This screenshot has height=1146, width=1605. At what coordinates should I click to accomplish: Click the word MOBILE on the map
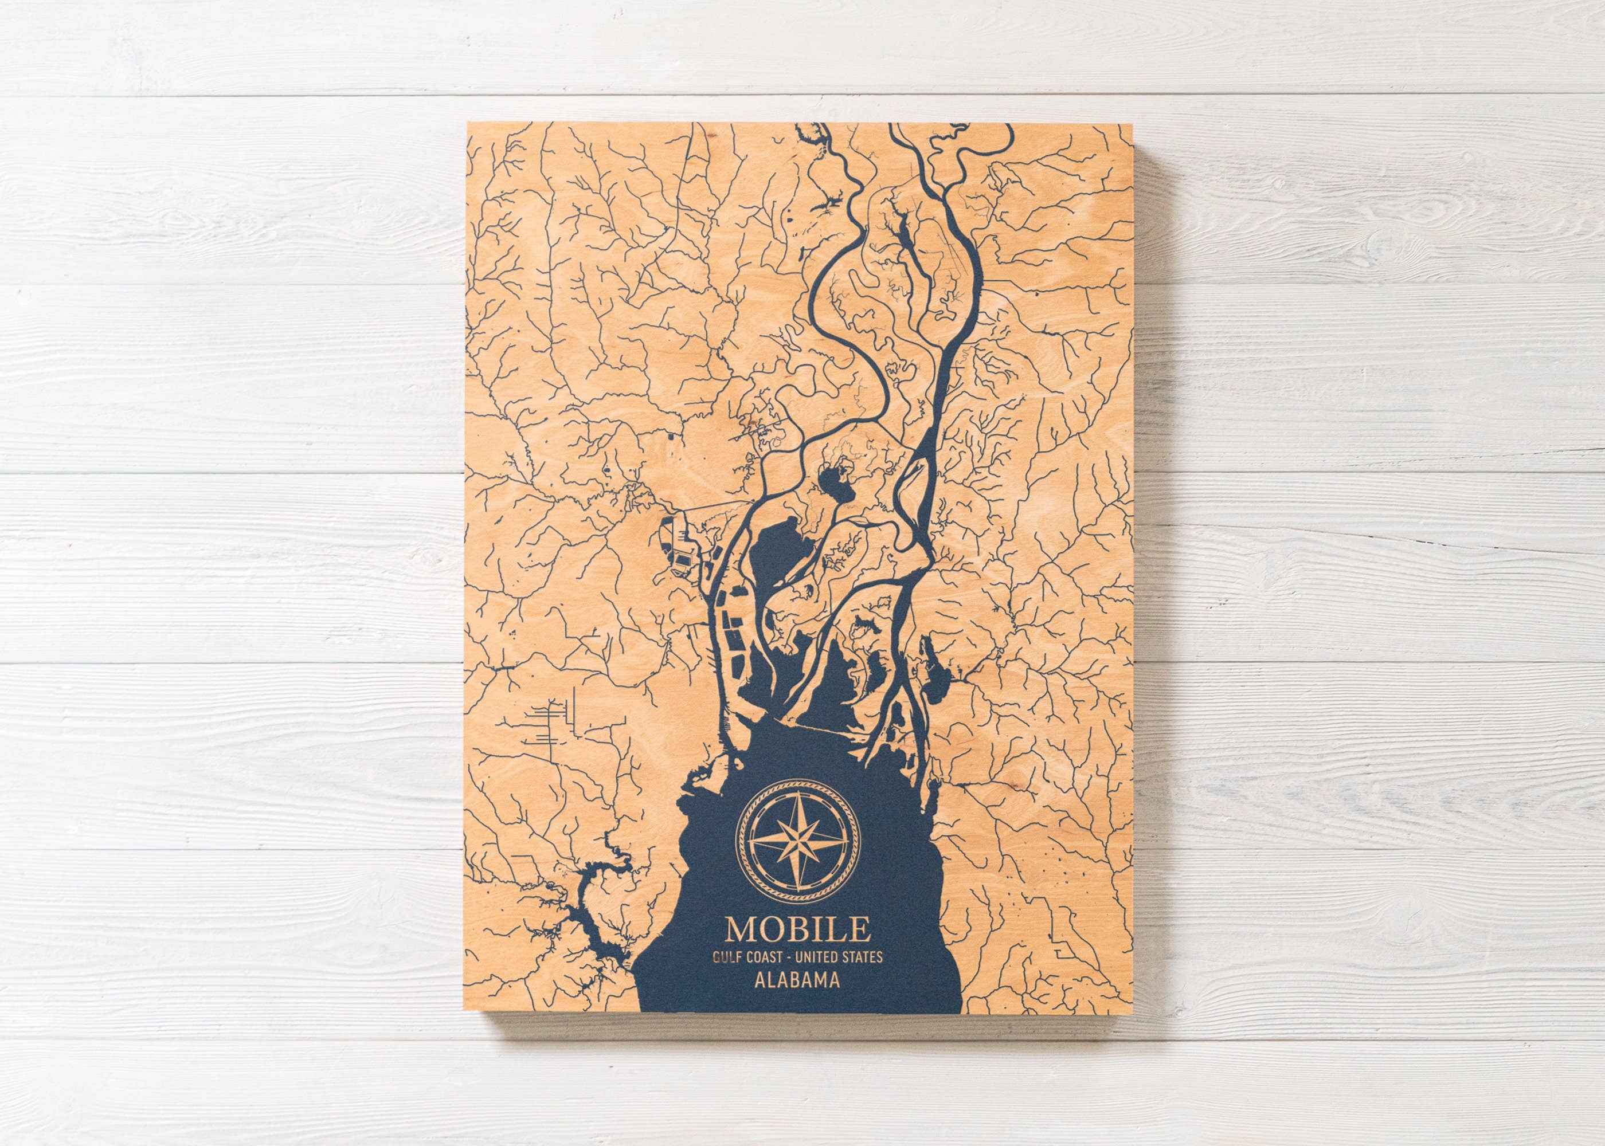tap(797, 929)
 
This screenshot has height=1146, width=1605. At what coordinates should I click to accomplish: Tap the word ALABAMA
tap(797, 980)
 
